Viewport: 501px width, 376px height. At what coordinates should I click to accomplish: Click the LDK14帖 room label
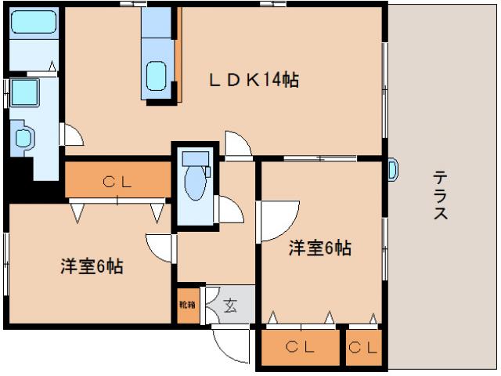pyautogui.click(x=253, y=80)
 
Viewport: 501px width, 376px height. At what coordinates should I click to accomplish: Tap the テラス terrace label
pyautogui.click(x=440, y=195)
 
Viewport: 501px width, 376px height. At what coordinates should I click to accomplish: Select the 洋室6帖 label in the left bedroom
pyautogui.click(x=92, y=266)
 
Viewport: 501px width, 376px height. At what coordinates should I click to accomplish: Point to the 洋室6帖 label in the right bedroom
pyautogui.click(x=319, y=248)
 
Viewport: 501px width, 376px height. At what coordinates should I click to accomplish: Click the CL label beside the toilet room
pyautogui.click(x=117, y=182)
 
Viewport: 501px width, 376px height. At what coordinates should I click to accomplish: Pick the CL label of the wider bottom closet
pyautogui.click(x=300, y=346)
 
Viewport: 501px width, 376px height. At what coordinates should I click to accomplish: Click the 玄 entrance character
pyautogui.click(x=229, y=305)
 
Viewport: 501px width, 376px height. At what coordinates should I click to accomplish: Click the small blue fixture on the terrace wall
pyautogui.click(x=393, y=168)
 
